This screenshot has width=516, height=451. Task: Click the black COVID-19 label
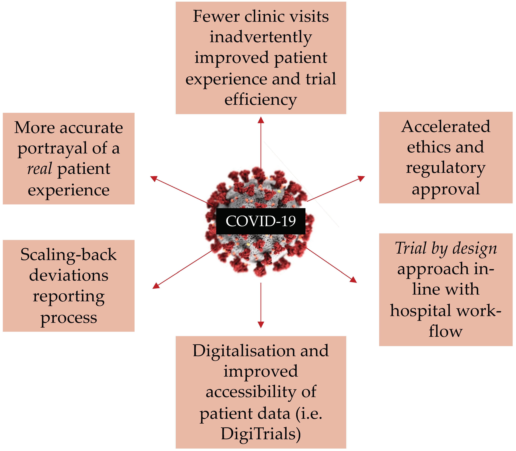[261, 221]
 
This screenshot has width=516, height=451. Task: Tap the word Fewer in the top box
[216, 17]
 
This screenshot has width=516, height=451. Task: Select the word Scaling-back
[68, 255]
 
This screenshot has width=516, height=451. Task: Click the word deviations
[68, 275]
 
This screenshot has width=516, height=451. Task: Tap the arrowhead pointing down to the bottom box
[261, 325]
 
